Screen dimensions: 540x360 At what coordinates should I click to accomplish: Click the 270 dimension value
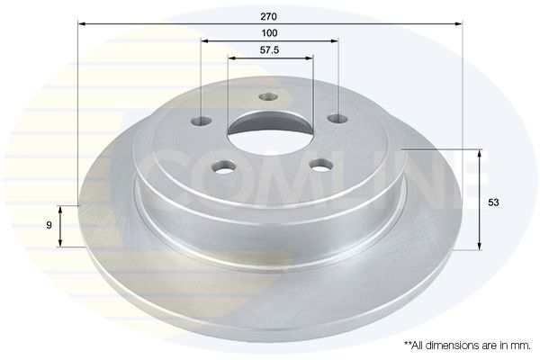[x=269, y=16]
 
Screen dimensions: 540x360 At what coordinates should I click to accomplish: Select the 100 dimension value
[x=269, y=33]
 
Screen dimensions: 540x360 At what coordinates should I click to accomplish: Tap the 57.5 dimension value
[x=269, y=50]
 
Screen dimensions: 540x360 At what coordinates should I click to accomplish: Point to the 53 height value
[x=493, y=202]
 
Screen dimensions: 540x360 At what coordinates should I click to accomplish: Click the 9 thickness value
[x=49, y=225]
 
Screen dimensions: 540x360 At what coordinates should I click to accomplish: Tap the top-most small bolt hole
[x=268, y=97]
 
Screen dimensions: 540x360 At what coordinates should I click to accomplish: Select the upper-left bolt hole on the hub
[x=201, y=121]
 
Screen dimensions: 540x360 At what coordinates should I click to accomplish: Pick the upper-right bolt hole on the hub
[x=337, y=119]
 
